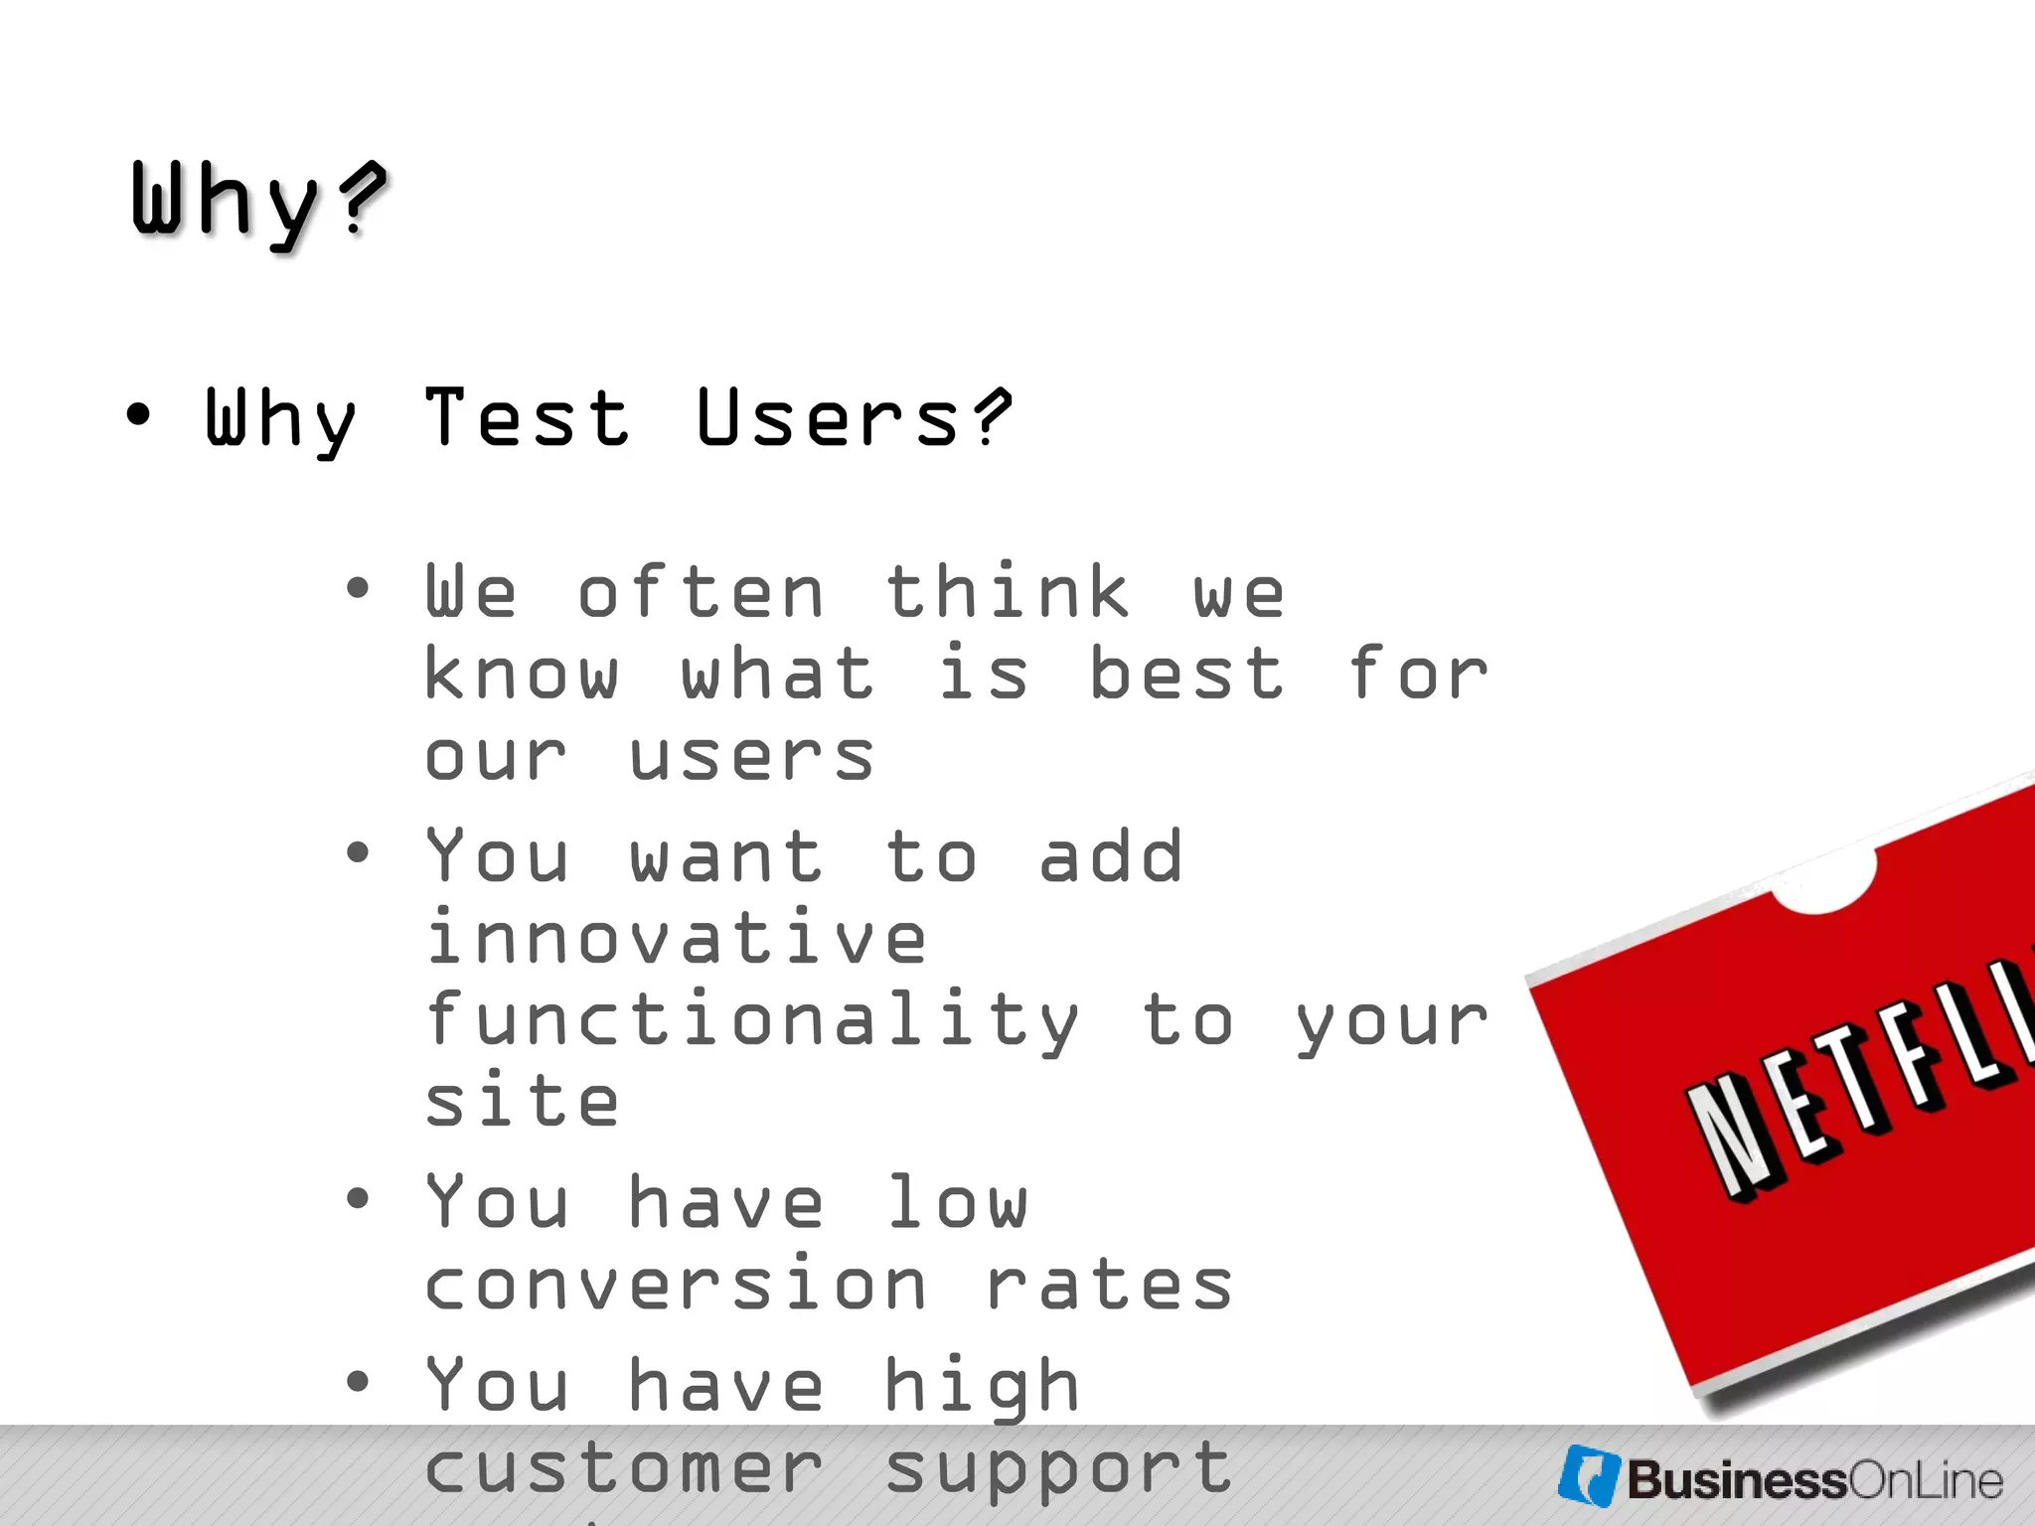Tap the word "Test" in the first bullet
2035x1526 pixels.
coord(528,418)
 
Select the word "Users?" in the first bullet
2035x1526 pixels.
coord(854,418)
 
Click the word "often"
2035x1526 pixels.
coord(702,593)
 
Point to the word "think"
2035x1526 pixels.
coord(1008,593)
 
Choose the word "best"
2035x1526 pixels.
coord(1186,675)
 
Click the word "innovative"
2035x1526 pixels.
coord(677,938)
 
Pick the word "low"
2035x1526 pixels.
coord(957,1202)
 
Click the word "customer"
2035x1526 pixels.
coord(625,1468)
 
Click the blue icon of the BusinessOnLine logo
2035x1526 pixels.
coord(1590,1476)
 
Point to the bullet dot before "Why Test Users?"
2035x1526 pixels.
coord(139,415)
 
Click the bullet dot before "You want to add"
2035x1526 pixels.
coord(358,851)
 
